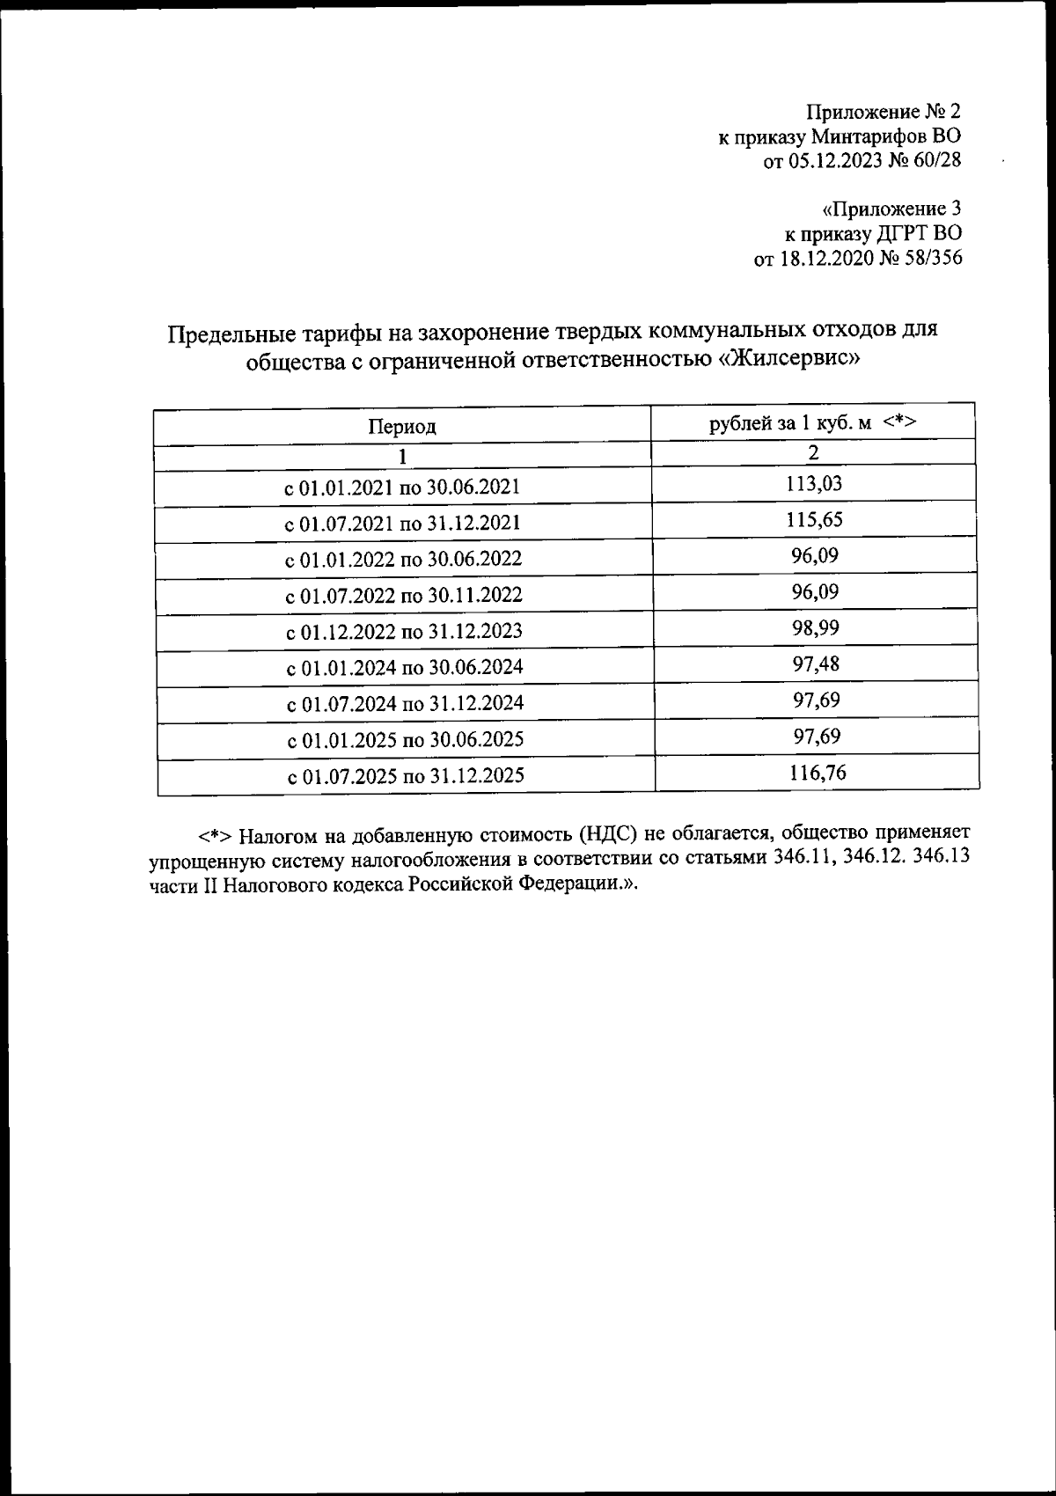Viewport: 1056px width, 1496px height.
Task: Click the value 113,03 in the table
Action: pos(814,483)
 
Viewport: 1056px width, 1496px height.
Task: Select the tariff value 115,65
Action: pos(814,519)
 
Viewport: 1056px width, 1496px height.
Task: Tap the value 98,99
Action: pos(815,627)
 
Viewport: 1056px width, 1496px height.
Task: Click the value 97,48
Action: pos(815,664)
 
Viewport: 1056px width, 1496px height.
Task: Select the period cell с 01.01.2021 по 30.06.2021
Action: pos(403,487)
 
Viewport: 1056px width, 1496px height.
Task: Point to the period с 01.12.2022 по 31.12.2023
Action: pos(404,631)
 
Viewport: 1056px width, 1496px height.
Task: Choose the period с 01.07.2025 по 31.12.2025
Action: pos(406,775)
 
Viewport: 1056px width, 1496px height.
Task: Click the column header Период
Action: pos(401,427)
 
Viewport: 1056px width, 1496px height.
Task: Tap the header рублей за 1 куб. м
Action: pos(790,422)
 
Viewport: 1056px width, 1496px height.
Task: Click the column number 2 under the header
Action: pos(814,452)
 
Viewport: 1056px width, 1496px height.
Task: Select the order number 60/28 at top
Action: pos(938,159)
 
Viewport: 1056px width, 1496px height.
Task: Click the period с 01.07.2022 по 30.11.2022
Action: pos(404,595)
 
